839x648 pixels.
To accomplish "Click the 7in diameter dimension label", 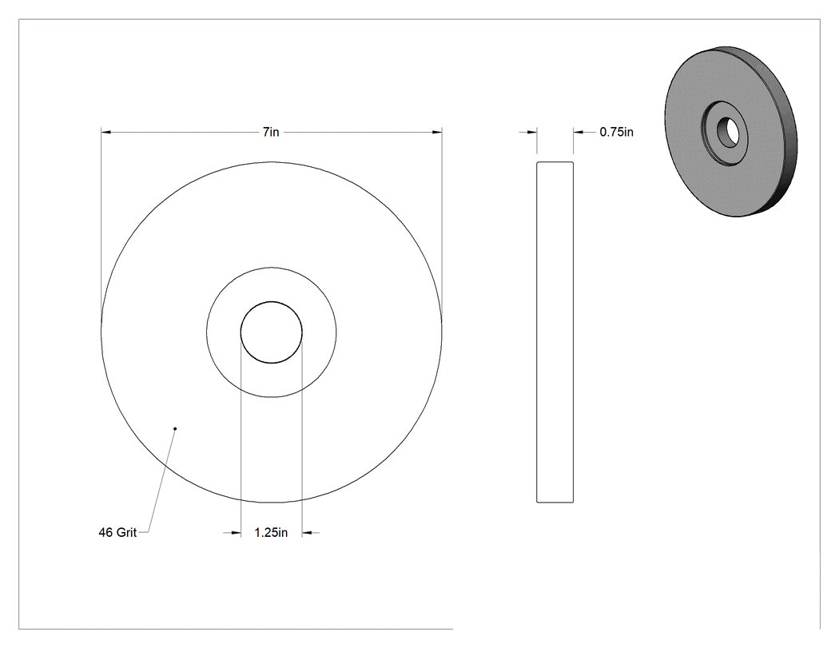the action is pos(271,132).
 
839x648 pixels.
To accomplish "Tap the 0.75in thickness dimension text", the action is pos(616,132).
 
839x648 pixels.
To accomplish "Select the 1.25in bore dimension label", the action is pos(271,532).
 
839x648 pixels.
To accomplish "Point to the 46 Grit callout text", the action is pos(117,532).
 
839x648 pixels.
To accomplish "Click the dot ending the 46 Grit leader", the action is pos(175,428).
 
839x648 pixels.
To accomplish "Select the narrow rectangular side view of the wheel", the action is pos(555,332).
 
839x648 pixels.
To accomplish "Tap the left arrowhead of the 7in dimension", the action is pos(106,132).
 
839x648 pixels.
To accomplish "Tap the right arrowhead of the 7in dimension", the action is pos(437,132).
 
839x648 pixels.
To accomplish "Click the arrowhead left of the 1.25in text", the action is pos(236,532).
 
